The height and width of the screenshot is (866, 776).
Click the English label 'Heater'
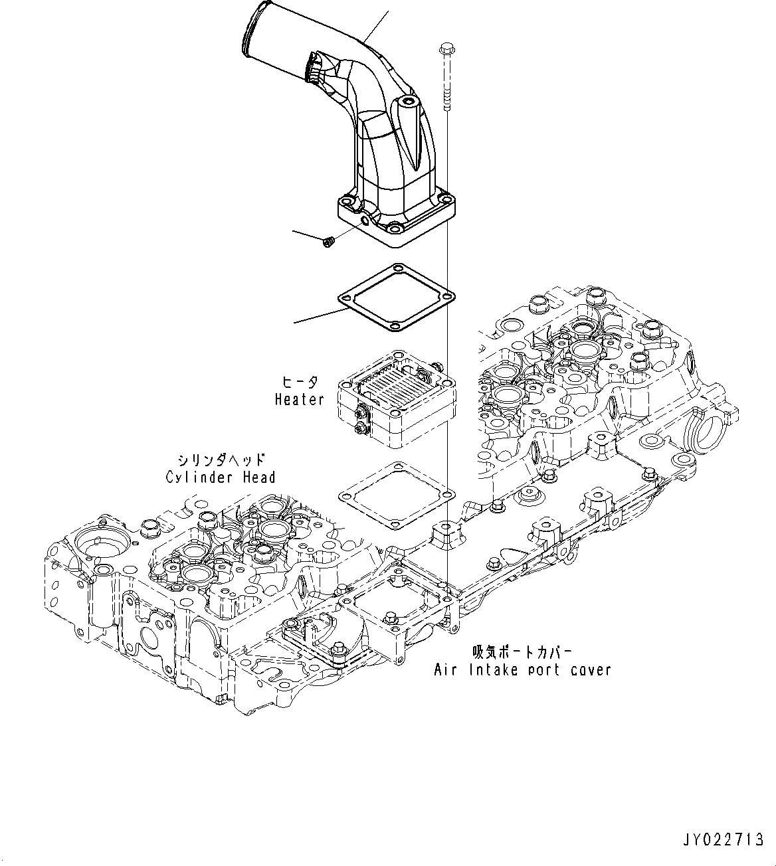point(300,399)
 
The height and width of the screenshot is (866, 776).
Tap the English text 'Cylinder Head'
point(220,477)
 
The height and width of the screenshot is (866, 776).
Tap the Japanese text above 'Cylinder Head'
point(221,460)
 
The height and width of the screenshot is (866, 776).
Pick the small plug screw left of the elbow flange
point(327,244)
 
